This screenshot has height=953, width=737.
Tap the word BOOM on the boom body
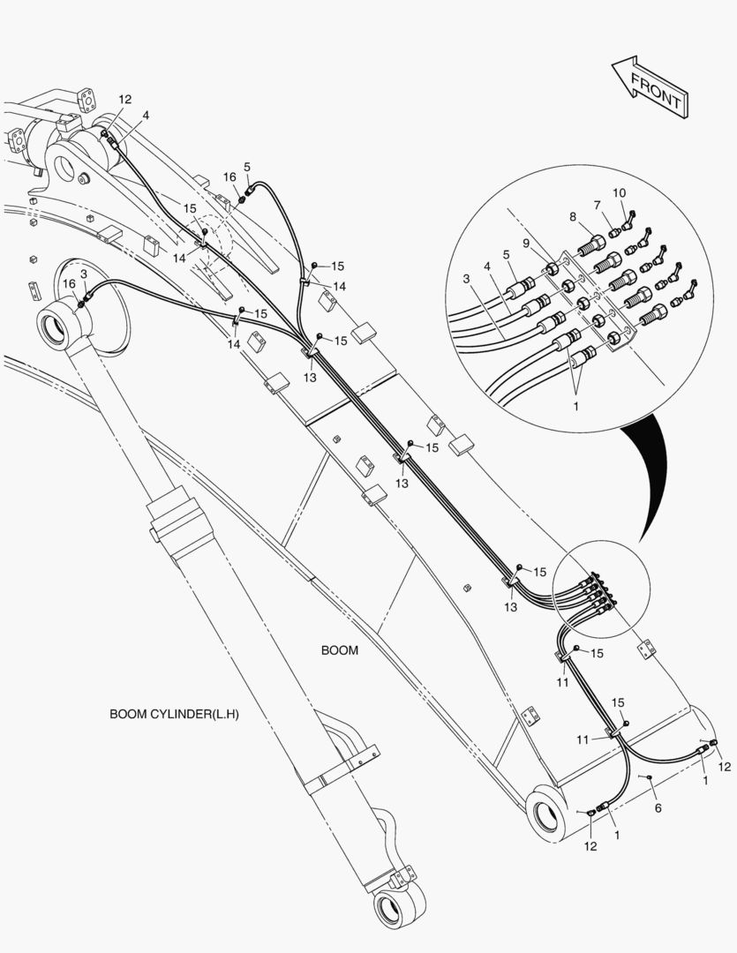pos(339,650)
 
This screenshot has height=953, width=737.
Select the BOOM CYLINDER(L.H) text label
pos(174,714)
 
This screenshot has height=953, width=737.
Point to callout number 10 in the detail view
pos(619,192)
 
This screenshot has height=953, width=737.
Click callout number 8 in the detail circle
pos(573,216)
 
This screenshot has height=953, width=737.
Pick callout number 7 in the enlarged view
pos(598,205)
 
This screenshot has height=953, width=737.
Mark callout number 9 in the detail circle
pos(526,244)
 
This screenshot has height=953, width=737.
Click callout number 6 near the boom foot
pos(658,807)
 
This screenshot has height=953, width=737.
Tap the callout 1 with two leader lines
pos(576,405)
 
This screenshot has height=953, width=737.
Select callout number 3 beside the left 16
pos(83,274)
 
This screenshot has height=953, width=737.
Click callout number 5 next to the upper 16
pos(247,167)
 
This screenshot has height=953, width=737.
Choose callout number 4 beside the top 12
pos(146,115)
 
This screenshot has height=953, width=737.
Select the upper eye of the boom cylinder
pos(61,322)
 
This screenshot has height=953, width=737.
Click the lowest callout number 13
pos(510,606)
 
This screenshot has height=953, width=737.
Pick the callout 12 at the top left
pos(124,99)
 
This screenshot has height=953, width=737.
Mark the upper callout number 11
pos(562,682)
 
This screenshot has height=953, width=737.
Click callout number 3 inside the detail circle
pos(466,279)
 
